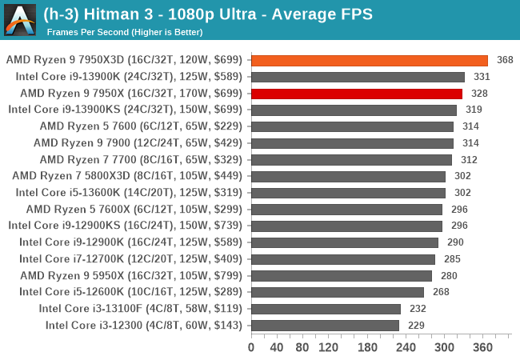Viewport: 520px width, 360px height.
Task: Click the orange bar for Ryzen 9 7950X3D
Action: (x=369, y=60)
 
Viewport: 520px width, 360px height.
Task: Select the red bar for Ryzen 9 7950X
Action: (x=356, y=93)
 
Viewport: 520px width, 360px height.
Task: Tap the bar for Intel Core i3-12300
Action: (x=325, y=325)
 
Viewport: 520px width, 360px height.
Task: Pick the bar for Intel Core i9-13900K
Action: (x=358, y=77)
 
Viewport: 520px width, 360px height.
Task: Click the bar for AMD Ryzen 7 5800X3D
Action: (x=348, y=176)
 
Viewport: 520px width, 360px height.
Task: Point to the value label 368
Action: (x=505, y=60)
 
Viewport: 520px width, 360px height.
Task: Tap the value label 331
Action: (x=482, y=77)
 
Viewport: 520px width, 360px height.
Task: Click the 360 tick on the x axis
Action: (x=482, y=348)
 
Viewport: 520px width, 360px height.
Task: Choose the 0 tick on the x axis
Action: (x=251, y=348)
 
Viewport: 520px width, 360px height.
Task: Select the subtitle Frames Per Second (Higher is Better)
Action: (x=124, y=32)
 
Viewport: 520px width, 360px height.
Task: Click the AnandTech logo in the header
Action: (x=20, y=20)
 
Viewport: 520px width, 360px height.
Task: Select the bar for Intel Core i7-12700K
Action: (x=342, y=259)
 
